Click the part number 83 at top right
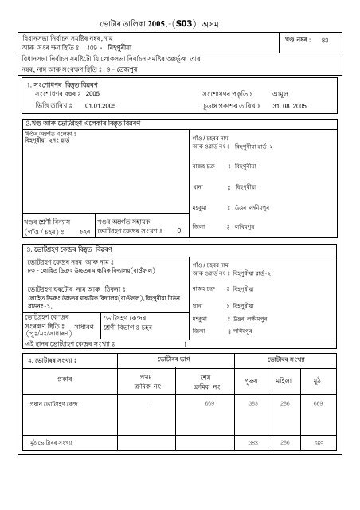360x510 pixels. tap(324, 39)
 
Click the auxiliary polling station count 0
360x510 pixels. tap(178, 229)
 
